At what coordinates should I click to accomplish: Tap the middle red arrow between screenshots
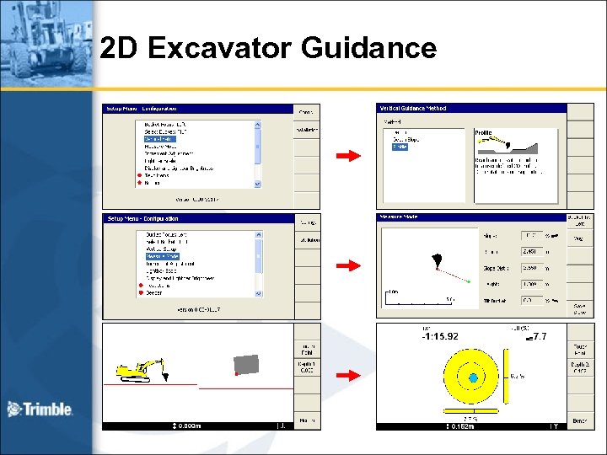pyautogui.click(x=347, y=265)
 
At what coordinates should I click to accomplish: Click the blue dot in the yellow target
pyautogui.click(x=473, y=377)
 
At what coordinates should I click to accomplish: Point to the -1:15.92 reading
pyautogui.click(x=440, y=337)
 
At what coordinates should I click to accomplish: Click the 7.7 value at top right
pyautogui.click(x=540, y=337)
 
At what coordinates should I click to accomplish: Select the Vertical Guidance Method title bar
pyautogui.click(x=470, y=108)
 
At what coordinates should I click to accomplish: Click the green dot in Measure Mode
pyautogui.click(x=468, y=281)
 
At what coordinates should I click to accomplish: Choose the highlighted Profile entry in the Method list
pyautogui.click(x=399, y=147)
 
